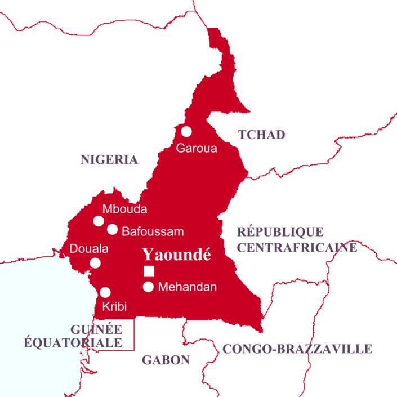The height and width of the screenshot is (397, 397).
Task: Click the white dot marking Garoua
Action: [186, 131]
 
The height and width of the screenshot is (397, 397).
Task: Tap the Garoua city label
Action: [196, 149]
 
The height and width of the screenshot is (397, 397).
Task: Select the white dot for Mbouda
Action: [99, 221]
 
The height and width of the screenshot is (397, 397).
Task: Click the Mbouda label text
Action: [124, 209]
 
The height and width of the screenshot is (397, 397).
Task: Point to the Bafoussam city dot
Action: [113, 229]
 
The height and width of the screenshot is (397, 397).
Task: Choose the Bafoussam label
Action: [153, 231]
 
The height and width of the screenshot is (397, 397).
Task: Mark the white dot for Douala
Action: [96, 262]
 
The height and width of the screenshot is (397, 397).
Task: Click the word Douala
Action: [88, 248]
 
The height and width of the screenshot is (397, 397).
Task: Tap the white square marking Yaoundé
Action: [149, 271]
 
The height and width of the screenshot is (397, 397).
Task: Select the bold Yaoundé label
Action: [176, 255]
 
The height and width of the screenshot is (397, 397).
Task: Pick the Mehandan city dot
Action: [149, 287]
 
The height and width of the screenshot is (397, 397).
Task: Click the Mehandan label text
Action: [188, 287]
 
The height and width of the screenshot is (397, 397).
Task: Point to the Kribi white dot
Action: [105, 292]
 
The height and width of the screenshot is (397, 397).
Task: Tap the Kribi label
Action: [114, 307]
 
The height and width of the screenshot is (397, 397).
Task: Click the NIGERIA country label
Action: [109, 159]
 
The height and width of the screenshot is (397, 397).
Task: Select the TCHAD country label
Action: [261, 135]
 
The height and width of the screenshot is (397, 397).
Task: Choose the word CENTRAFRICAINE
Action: [297, 247]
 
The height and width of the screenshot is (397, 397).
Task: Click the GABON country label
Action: [166, 360]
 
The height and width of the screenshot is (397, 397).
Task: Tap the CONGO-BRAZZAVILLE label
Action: [297, 349]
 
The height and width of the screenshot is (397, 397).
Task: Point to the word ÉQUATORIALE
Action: [73, 342]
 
